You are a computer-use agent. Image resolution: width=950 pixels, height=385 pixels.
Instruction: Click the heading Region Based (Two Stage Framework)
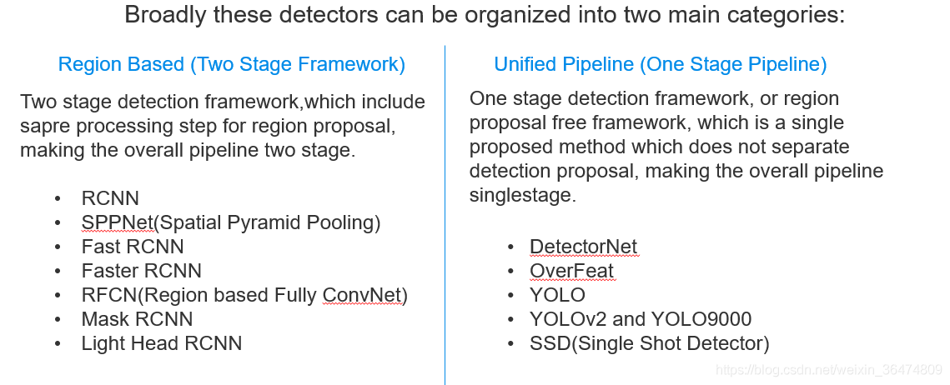point(231,64)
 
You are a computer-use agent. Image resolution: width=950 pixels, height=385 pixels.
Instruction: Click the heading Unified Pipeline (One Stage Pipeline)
point(661,64)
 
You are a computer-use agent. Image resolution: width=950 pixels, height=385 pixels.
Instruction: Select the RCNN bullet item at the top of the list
point(110,198)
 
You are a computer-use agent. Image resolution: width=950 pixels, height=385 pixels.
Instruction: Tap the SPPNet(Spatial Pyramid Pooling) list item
point(231,222)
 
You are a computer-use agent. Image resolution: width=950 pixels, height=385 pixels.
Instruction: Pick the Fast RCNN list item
point(133,247)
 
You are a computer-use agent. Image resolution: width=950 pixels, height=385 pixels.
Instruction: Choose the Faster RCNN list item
point(142,271)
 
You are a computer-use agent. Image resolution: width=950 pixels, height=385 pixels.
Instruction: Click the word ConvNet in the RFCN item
point(362,295)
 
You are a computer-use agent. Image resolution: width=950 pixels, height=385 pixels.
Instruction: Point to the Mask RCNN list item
point(137,319)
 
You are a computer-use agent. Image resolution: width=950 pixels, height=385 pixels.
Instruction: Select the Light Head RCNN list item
point(162,343)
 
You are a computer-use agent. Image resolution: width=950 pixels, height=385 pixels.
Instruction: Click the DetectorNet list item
point(584,247)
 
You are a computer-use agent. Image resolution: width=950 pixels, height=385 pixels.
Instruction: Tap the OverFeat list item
point(571,271)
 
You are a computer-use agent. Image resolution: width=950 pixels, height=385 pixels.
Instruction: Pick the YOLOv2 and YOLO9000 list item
point(641,319)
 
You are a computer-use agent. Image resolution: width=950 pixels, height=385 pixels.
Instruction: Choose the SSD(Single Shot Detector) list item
point(650,343)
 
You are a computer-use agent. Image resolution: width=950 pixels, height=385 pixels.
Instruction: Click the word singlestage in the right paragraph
point(520,196)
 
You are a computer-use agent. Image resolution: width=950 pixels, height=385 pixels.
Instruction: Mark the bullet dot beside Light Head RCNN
point(58,344)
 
